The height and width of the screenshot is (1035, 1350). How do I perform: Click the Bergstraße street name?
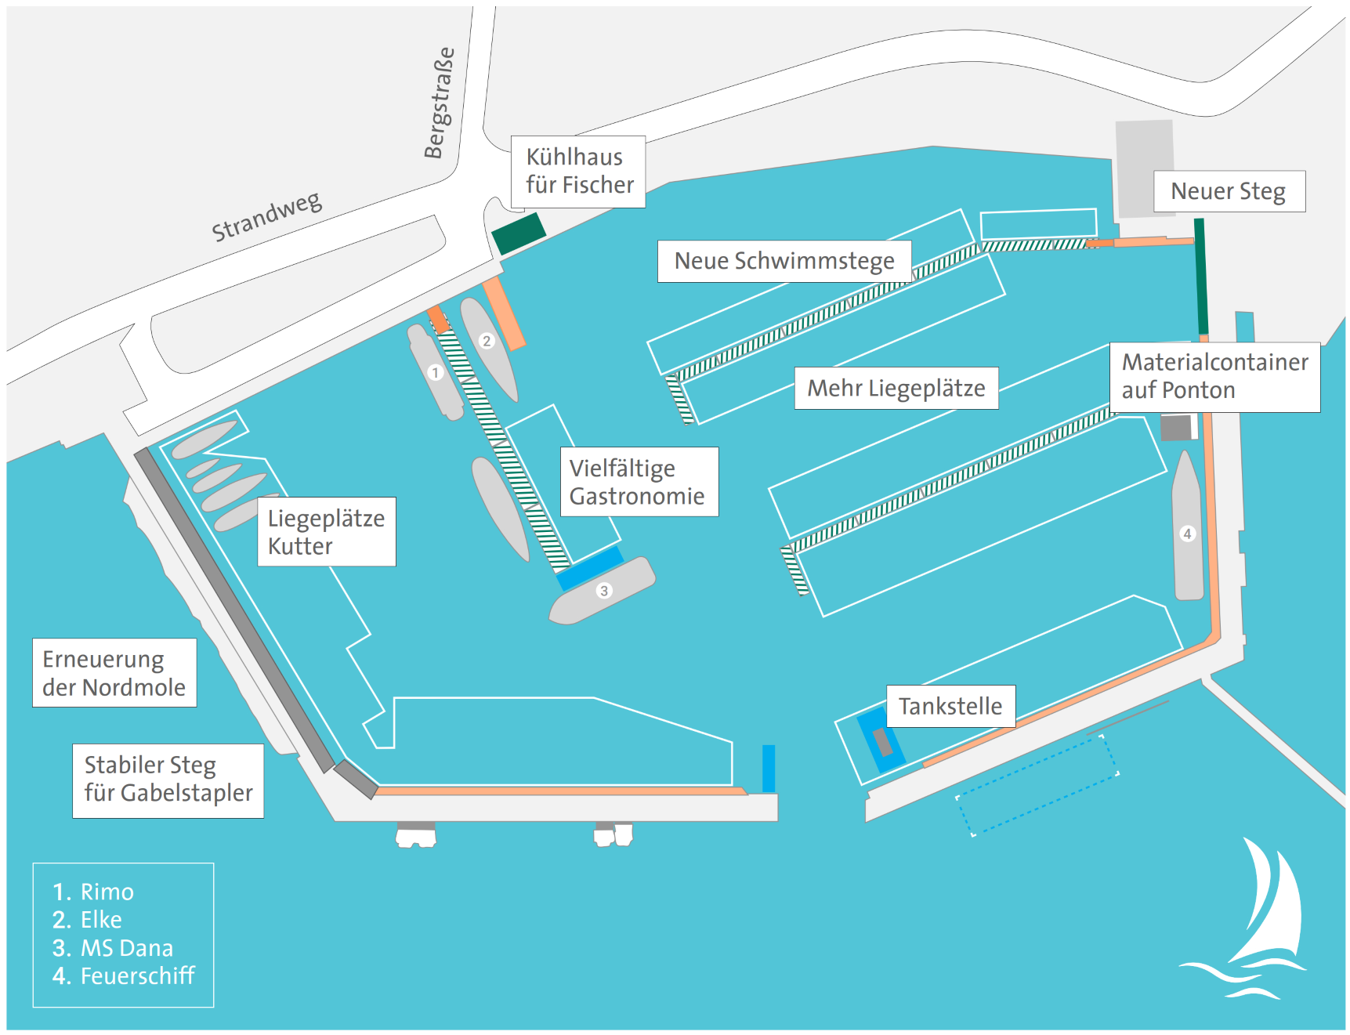pos(439,102)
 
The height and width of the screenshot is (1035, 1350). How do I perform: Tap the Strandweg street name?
pos(266,216)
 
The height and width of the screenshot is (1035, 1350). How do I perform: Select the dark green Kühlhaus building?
pos(518,233)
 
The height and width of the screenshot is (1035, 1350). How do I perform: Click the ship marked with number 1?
pos(436,373)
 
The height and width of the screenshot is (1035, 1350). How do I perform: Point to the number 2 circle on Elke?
pos(487,341)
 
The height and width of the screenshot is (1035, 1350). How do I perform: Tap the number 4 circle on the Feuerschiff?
pos(1187,534)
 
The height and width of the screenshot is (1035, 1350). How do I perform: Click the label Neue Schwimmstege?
pos(784,261)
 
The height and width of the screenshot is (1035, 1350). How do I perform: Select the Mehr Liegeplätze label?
pos(896,388)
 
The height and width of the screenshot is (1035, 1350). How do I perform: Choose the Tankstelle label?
pos(950,706)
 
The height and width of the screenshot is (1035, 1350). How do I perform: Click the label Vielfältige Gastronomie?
pos(639,482)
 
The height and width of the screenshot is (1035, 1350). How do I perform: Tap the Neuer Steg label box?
pos(1228,191)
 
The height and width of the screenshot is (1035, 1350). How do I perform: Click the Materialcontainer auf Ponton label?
pos(1214,377)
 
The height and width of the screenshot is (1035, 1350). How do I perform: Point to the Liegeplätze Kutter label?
pos(326,531)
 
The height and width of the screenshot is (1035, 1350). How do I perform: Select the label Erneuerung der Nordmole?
pos(114,673)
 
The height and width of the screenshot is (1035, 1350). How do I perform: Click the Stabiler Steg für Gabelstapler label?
pos(168,780)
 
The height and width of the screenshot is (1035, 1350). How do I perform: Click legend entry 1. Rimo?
pos(94,892)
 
